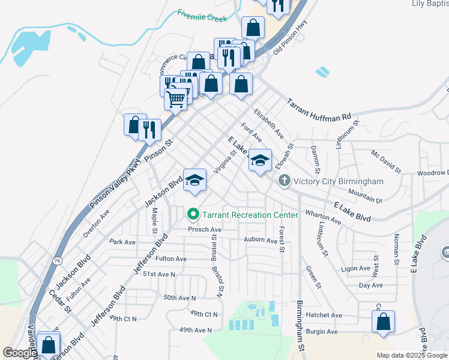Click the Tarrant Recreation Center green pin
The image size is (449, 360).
point(193,214)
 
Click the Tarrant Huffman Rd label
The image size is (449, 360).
point(319,109)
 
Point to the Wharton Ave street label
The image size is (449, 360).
point(324,217)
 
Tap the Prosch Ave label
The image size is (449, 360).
point(205,229)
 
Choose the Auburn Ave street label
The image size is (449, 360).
point(261,240)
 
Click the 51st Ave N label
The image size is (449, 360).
point(158,274)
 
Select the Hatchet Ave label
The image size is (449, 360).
point(324,315)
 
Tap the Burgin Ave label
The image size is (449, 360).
point(322,331)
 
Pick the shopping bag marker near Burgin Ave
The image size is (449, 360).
point(382,322)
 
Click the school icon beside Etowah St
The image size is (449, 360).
point(260,160)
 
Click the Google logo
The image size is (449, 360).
point(19,353)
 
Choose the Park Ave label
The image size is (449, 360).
point(123,242)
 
